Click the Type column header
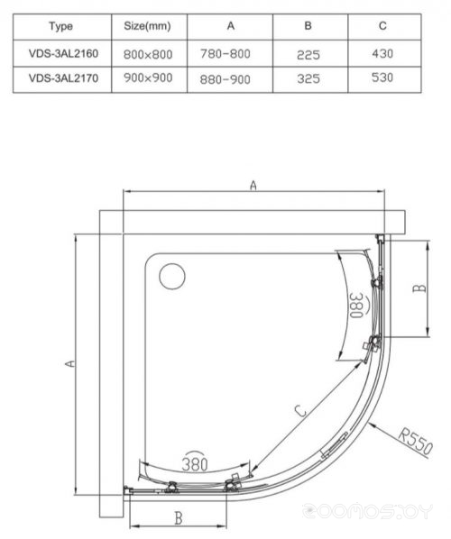pyautogui.click(x=61, y=26)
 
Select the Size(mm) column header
pyautogui.click(x=147, y=26)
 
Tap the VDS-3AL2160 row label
pyautogui.click(x=63, y=53)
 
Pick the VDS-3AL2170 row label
pyautogui.click(x=63, y=78)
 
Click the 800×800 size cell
pyautogui.click(x=148, y=54)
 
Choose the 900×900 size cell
pyautogui.click(x=148, y=78)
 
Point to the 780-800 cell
pyautogui.click(x=225, y=53)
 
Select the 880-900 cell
pyautogui.click(x=225, y=79)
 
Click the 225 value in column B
pyautogui.click(x=308, y=55)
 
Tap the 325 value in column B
pyautogui.click(x=308, y=78)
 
